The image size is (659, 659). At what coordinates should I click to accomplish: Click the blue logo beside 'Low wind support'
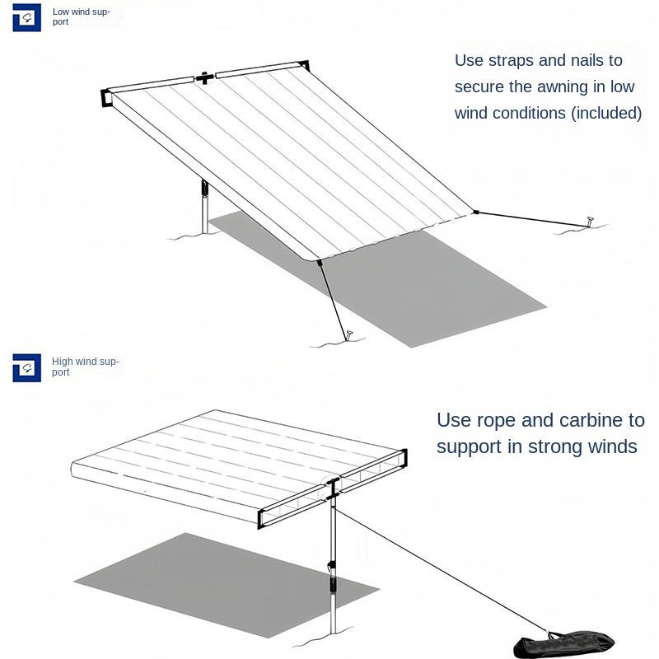(26, 17)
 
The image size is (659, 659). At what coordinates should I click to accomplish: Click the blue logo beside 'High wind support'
(26, 367)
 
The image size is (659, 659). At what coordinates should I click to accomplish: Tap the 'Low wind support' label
(81, 16)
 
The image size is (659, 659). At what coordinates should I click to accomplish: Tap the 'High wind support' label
(85, 367)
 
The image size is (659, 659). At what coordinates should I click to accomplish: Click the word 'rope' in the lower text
(494, 420)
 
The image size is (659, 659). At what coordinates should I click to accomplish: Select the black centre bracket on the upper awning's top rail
(203, 77)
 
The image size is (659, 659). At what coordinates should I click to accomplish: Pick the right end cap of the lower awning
(402, 459)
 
